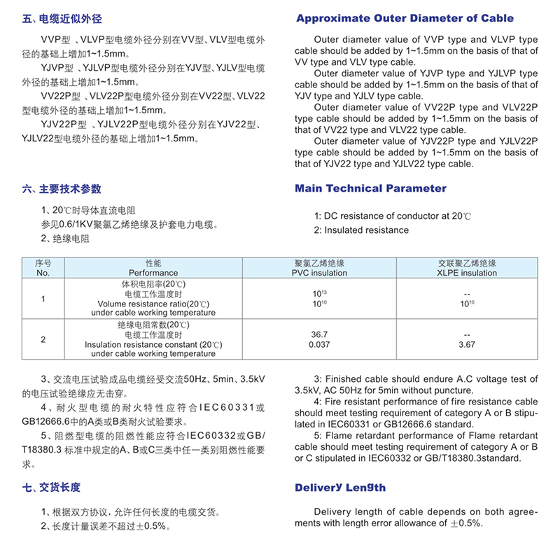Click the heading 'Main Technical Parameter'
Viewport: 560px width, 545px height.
pos(370,188)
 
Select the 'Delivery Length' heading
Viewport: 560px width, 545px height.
pos(340,488)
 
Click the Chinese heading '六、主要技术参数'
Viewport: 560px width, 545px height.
pos(62,189)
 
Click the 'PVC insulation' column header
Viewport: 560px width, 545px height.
pos(319,273)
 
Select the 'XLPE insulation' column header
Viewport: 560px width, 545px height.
pos(467,273)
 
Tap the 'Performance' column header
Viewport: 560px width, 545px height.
pos(153,273)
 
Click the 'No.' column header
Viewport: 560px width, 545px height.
pos(43,273)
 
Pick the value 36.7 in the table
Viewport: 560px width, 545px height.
pos(319,334)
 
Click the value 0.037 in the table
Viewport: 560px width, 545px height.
pos(319,344)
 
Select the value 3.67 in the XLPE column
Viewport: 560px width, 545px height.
pos(467,344)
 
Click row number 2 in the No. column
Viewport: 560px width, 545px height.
pos(43,339)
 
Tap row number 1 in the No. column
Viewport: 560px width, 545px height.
pos(43,299)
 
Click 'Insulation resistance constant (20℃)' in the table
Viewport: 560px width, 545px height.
pos(153,345)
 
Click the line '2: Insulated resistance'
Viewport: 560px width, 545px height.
pos(361,229)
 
